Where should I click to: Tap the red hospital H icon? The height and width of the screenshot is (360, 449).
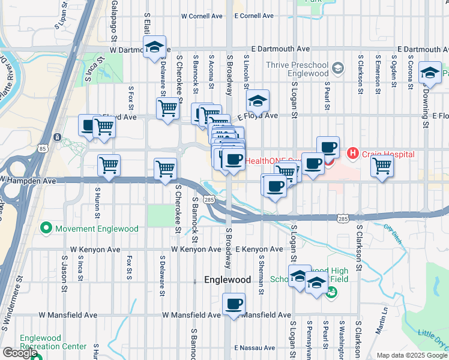(x=352, y=154)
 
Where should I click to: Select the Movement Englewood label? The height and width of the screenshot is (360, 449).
(x=97, y=229)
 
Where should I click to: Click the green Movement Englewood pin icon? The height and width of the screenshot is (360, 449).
(x=46, y=228)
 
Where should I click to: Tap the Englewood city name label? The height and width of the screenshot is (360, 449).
(x=227, y=280)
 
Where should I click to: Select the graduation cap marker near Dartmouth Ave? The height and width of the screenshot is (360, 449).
(x=154, y=47)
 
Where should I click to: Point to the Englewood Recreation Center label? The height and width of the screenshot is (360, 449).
(x=53, y=342)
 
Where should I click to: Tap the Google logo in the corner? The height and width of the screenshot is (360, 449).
(x=20, y=353)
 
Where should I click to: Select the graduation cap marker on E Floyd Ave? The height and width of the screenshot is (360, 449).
(x=257, y=101)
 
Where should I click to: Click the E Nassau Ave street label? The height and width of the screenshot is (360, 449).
(x=255, y=347)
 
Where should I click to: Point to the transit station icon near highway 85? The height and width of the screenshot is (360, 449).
(x=56, y=137)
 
